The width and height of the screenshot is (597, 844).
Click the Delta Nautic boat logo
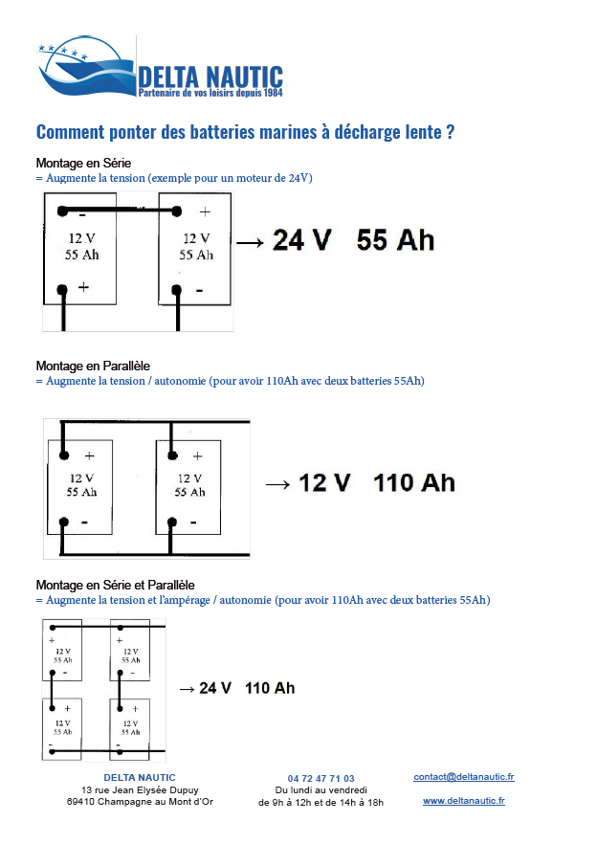[86, 67]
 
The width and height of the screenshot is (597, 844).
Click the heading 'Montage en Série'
[83, 163]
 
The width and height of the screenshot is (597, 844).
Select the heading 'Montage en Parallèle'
[93, 366]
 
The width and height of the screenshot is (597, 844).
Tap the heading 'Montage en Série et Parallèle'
[115, 585]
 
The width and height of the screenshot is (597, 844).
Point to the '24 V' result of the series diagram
[301, 240]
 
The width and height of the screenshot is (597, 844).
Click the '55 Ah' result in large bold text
[395, 240]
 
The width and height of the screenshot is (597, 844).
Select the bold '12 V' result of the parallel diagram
[324, 483]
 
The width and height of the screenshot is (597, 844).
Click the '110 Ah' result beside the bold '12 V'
[414, 483]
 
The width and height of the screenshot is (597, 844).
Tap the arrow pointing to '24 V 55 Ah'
[250, 243]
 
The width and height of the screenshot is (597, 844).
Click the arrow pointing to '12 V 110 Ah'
[277, 485]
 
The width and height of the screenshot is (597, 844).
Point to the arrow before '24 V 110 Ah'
[187, 689]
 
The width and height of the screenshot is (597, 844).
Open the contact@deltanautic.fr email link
[464, 777]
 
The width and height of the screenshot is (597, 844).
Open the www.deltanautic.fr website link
[464, 800]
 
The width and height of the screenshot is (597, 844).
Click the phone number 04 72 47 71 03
[321, 778]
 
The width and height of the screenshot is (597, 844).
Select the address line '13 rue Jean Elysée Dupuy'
[140, 790]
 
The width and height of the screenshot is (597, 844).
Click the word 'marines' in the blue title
[283, 132]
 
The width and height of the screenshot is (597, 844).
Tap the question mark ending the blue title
[450, 132]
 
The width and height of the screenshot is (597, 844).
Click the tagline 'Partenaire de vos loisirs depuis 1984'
[210, 93]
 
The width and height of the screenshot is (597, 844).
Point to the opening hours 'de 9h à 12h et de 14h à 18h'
[321, 802]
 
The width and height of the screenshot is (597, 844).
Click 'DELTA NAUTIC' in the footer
[140, 778]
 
